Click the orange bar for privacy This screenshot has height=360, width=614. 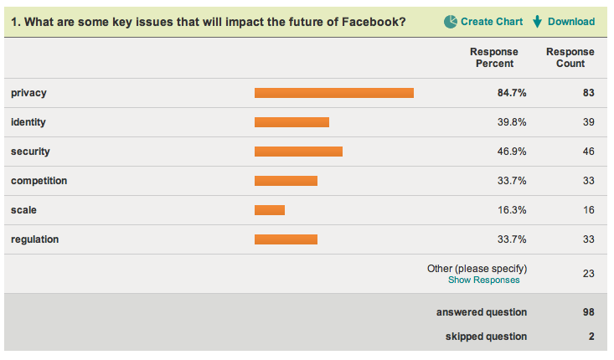tap(333, 93)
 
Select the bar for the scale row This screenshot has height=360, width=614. tap(270, 210)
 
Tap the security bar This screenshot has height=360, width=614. tap(298, 152)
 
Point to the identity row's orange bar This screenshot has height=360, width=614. tap(292, 122)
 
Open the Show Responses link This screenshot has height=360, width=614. tap(483, 280)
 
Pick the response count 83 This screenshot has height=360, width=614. tap(588, 93)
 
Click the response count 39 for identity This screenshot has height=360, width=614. tap(588, 122)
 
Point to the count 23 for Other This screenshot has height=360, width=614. tap(588, 275)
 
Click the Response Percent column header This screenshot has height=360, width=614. tap(494, 58)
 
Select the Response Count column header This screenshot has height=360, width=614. tap(570, 58)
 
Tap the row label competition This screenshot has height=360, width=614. tap(39, 181)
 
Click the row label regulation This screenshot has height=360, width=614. tap(34, 239)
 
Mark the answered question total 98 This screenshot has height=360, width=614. tap(588, 312)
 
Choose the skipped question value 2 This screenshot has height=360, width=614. tap(591, 337)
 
